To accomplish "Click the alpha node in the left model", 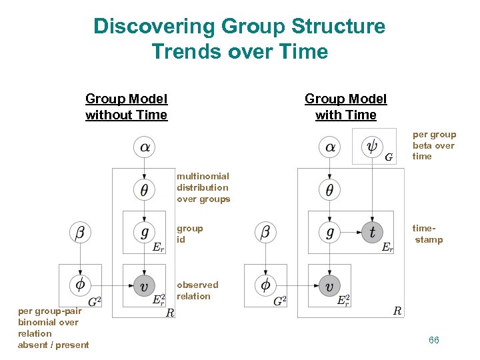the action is pyautogui.click(x=144, y=147).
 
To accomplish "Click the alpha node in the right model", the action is pyautogui.click(x=329, y=147).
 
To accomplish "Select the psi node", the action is pyautogui.click(x=371, y=147).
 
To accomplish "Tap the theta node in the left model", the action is pyautogui.click(x=144, y=189).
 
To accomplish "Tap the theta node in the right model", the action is pyautogui.click(x=329, y=189).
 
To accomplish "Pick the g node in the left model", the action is pyautogui.click(x=144, y=232).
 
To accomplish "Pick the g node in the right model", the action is pyautogui.click(x=329, y=232).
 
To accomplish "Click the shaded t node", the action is pyautogui.click(x=371, y=232).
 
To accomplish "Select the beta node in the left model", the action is pyautogui.click(x=80, y=232).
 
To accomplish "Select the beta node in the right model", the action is pyautogui.click(x=265, y=232).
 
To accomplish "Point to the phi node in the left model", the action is pyautogui.click(x=80, y=285).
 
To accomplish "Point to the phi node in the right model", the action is pyautogui.click(x=265, y=285).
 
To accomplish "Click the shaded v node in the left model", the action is pyautogui.click(x=144, y=285).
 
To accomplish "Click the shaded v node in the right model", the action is pyautogui.click(x=329, y=285).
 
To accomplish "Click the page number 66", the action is pyautogui.click(x=434, y=341).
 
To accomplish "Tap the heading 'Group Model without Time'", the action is pyautogui.click(x=127, y=107).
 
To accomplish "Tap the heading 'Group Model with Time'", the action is pyautogui.click(x=345, y=107).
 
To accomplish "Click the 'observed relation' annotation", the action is pyautogui.click(x=197, y=291).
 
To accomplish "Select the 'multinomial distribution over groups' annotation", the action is pyautogui.click(x=203, y=187).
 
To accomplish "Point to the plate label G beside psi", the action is pyautogui.click(x=389, y=158).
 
